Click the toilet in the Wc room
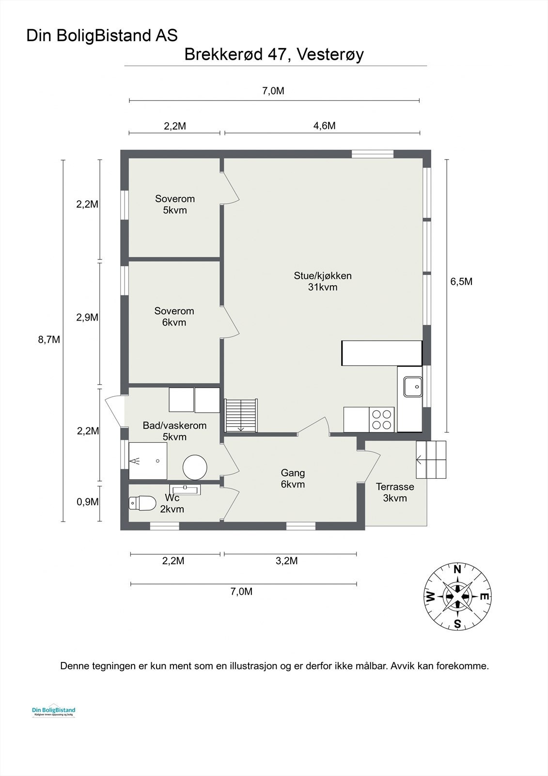point(142,503)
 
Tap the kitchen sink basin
point(412,387)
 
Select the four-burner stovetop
point(381,420)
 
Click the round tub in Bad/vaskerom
point(195,467)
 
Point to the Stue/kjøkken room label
point(323,281)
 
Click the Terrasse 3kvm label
point(395,492)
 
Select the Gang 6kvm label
point(293,478)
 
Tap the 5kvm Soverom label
point(175,204)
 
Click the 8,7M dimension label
point(49,339)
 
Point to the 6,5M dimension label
point(461,282)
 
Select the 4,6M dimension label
point(324,126)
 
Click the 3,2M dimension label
point(286,561)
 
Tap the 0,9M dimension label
point(88,502)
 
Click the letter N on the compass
point(457,570)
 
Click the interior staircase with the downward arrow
point(241,415)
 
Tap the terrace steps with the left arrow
point(431,459)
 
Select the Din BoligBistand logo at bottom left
point(53,711)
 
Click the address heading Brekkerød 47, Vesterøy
point(274,55)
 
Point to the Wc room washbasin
point(185,489)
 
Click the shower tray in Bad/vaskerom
point(148,461)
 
